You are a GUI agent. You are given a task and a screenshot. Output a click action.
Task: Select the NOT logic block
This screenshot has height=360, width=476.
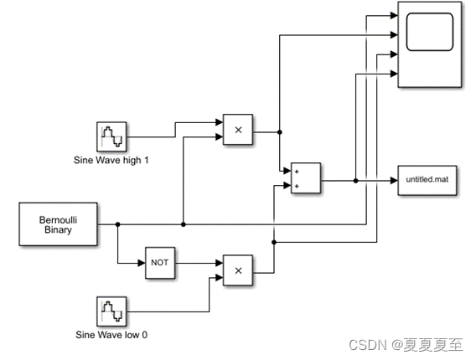pyautogui.click(x=159, y=262)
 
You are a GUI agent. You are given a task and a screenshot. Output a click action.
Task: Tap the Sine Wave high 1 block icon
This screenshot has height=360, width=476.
pyautogui.click(x=111, y=136)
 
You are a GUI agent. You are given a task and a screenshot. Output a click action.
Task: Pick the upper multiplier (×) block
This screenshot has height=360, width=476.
pyautogui.click(x=238, y=131)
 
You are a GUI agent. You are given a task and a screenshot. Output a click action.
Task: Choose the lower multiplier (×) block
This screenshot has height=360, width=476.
pyautogui.click(x=238, y=270)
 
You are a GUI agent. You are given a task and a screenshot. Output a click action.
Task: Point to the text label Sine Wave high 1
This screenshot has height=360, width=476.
pyautogui.click(x=112, y=159)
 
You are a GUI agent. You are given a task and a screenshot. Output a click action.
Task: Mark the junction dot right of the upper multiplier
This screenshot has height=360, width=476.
pyautogui.click(x=279, y=131)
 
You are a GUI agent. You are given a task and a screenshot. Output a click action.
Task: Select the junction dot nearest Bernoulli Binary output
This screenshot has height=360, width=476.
pyautogui.click(x=118, y=224)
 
